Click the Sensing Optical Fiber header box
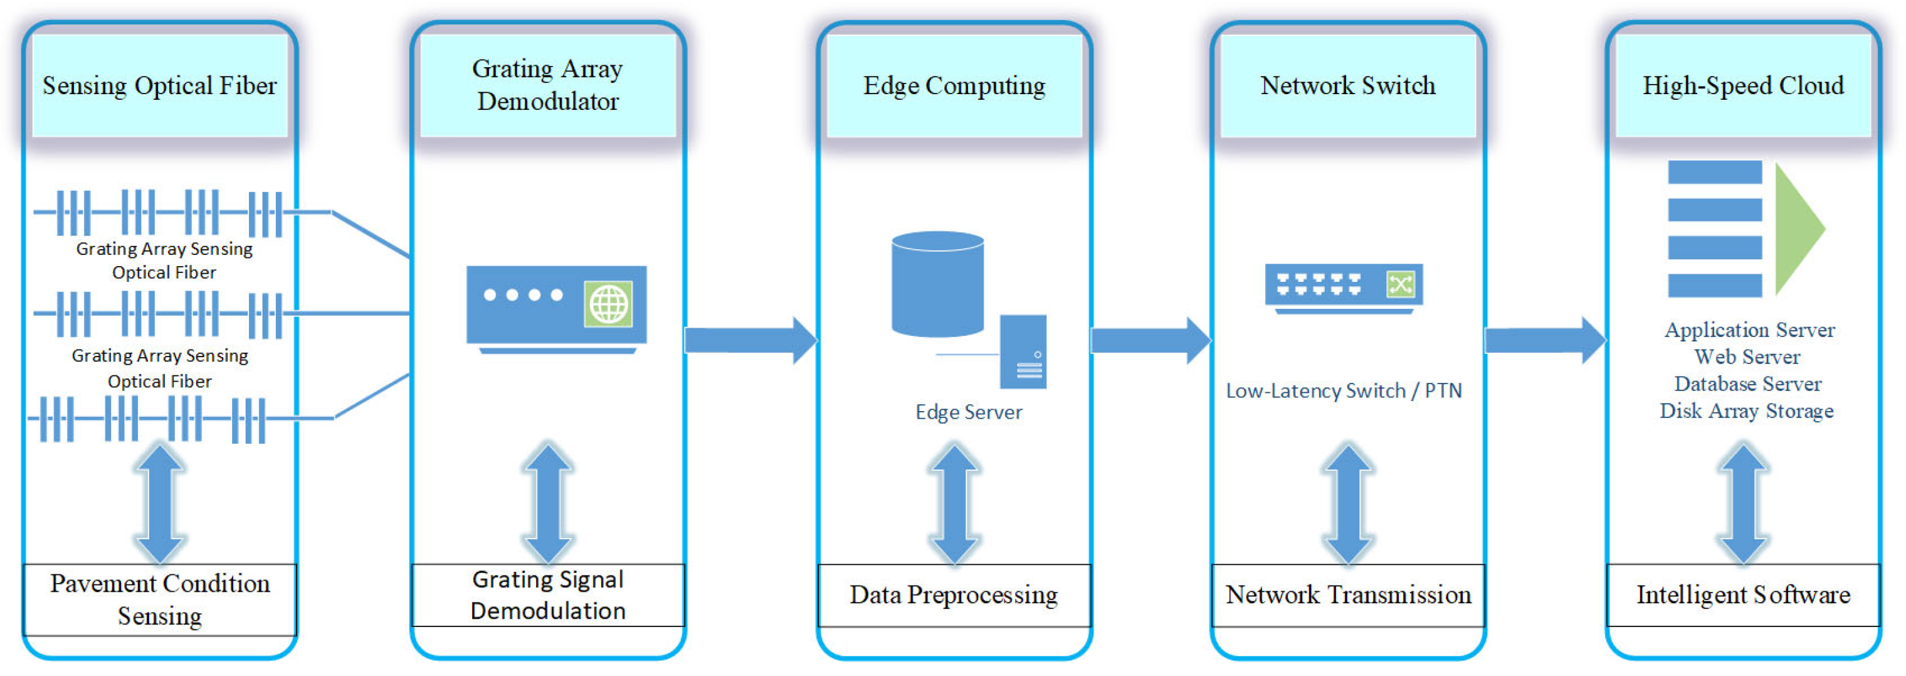click(x=160, y=86)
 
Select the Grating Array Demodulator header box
click(x=547, y=86)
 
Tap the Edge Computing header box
click(x=954, y=86)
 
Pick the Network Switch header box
click(x=1347, y=86)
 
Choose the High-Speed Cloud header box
click(x=1742, y=86)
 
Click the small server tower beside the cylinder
click(x=1023, y=351)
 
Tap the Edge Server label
click(x=969, y=412)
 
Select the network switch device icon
click(x=1344, y=287)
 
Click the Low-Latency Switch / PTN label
click(x=1344, y=391)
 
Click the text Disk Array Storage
click(x=1746, y=411)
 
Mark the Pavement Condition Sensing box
click(x=160, y=599)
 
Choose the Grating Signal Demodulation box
click(x=547, y=595)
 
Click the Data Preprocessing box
click(x=954, y=595)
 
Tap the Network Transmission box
click(x=1347, y=595)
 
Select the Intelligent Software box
click(x=1742, y=595)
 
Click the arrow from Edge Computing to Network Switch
click(x=1150, y=341)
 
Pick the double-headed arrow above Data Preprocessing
click(x=954, y=504)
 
